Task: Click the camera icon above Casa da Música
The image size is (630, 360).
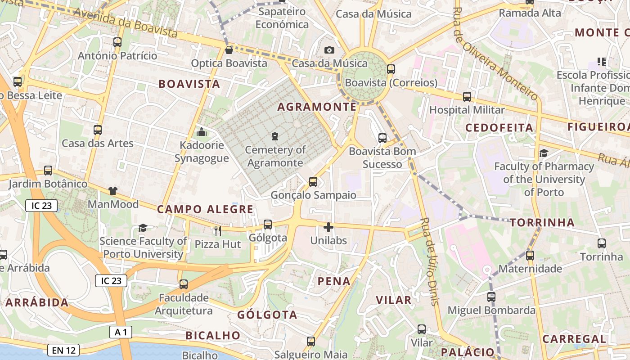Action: coord(329,50)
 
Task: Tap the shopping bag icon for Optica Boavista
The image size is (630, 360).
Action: coord(229,49)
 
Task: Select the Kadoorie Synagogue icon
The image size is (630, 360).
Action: coord(202,132)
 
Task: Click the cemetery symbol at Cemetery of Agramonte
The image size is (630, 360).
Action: coord(275,136)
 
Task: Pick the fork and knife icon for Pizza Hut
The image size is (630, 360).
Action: coord(218,231)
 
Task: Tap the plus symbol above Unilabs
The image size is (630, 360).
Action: coord(328,227)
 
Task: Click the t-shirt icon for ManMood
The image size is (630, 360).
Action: coord(112,191)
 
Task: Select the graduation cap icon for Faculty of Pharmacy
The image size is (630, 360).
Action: coord(544,153)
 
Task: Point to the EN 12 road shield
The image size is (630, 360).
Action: coord(63,350)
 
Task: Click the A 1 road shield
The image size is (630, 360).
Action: coord(121,332)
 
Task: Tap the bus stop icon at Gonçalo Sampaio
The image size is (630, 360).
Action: coord(313,182)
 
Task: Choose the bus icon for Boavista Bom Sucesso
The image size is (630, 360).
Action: coord(382,138)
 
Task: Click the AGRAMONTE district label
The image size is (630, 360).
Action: coord(317,107)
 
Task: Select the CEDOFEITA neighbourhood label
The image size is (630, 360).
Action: coord(499,128)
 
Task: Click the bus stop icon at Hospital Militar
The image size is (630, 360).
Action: coord(467,96)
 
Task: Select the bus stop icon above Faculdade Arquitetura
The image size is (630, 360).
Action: coord(183,284)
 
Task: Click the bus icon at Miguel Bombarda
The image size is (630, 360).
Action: coord(491,297)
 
